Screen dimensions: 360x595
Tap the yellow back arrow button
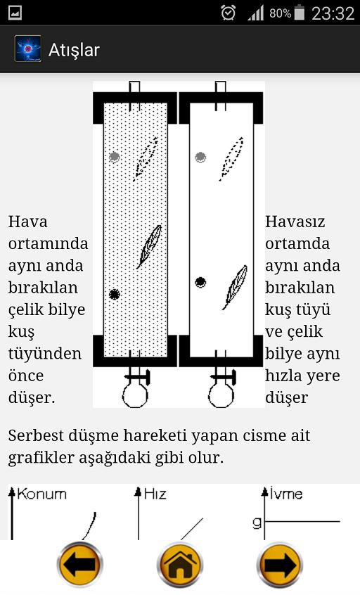(x=79, y=564)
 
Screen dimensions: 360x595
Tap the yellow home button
(x=180, y=564)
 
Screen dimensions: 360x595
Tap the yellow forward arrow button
(x=280, y=564)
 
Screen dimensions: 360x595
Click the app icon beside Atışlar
(x=27, y=49)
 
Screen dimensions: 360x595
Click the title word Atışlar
(x=74, y=50)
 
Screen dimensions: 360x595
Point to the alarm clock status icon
(x=228, y=13)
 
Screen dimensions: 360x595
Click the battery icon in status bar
(x=300, y=13)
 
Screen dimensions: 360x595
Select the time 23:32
(x=333, y=13)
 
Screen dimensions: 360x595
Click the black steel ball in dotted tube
(x=115, y=294)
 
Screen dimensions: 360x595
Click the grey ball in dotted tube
(x=115, y=156)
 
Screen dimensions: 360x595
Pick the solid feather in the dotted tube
(x=150, y=246)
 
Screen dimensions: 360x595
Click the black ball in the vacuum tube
(x=200, y=282)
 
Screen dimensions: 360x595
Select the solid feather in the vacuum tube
(x=236, y=286)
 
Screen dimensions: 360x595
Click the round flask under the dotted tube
(x=135, y=395)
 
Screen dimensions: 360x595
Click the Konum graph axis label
(x=41, y=494)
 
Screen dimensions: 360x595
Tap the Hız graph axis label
(x=155, y=494)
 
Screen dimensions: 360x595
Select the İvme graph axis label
(x=286, y=493)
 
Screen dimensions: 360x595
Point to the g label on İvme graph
(x=257, y=523)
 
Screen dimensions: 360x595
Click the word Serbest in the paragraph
(x=36, y=435)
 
